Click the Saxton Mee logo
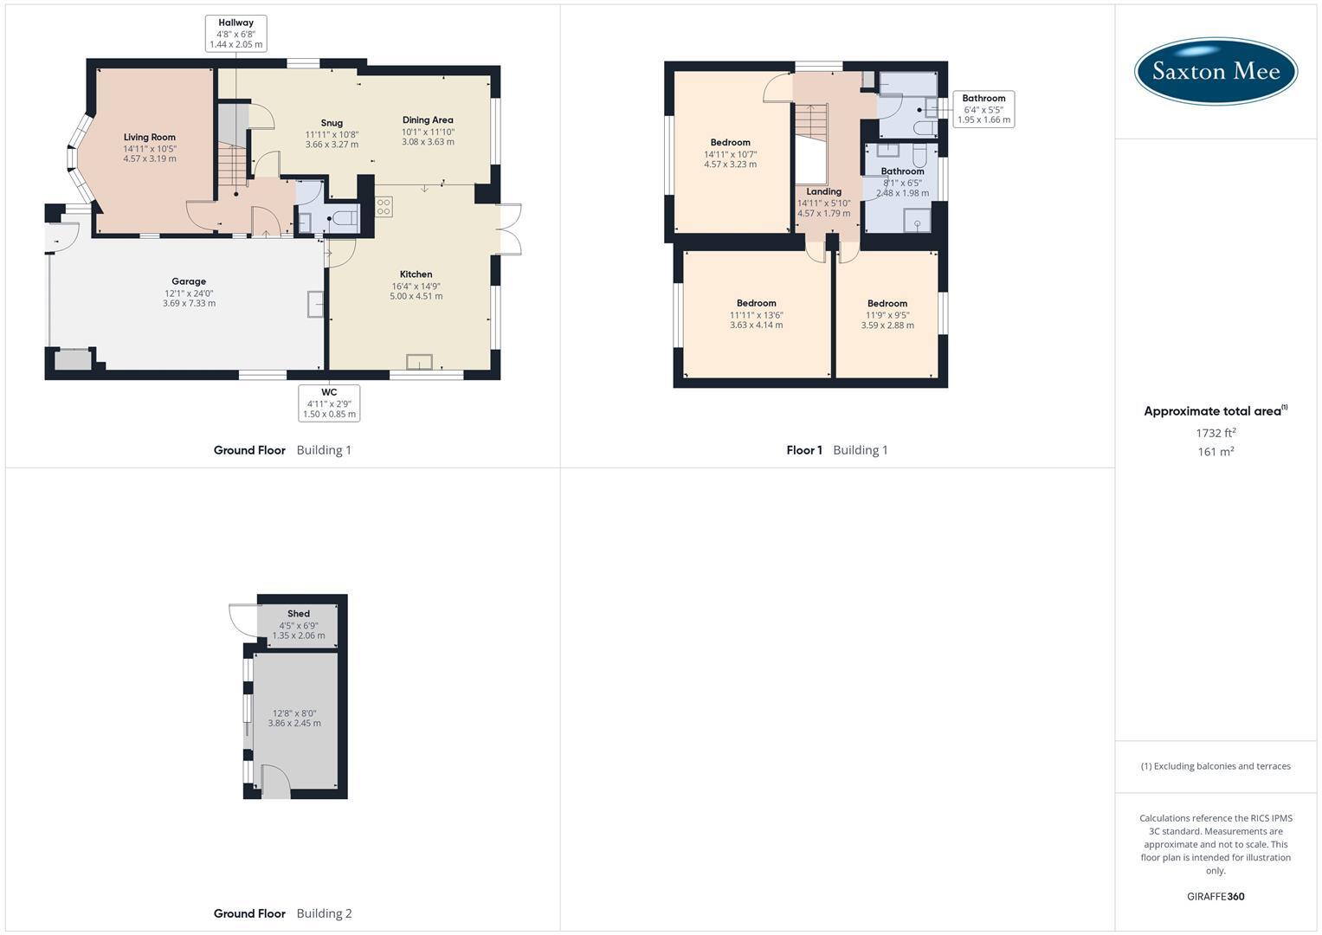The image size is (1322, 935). click(x=1215, y=71)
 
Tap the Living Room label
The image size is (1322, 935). click(x=149, y=137)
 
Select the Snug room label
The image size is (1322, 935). click(x=331, y=123)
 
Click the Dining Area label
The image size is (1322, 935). click(x=428, y=120)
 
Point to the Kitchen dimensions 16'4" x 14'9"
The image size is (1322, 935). click(x=416, y=286)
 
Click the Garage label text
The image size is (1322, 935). click(x=189, y=281)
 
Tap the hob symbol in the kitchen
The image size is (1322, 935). click(x=384, y=207)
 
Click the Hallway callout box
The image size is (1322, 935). click(x=235, y=33)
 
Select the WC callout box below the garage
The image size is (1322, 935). click(x=329, y=403)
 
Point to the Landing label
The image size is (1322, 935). click(x=823, y=191)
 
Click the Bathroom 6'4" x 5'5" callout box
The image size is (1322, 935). click(x=983, y=109)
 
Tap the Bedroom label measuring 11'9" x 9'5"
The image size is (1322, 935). click(x=887, y=304)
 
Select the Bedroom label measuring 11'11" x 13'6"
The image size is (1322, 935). click(x=756, y=304)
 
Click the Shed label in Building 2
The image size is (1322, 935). click(x=299, y=614)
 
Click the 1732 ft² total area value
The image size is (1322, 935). click(x=1216, y=433)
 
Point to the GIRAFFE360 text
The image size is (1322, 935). click(x=1215, y=896)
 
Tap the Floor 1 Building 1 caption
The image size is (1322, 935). click(x=836, y=450)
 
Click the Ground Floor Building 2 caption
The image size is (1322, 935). click(x=282, y=913)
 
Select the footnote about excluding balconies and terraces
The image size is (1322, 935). click(x=1215, y=766)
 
